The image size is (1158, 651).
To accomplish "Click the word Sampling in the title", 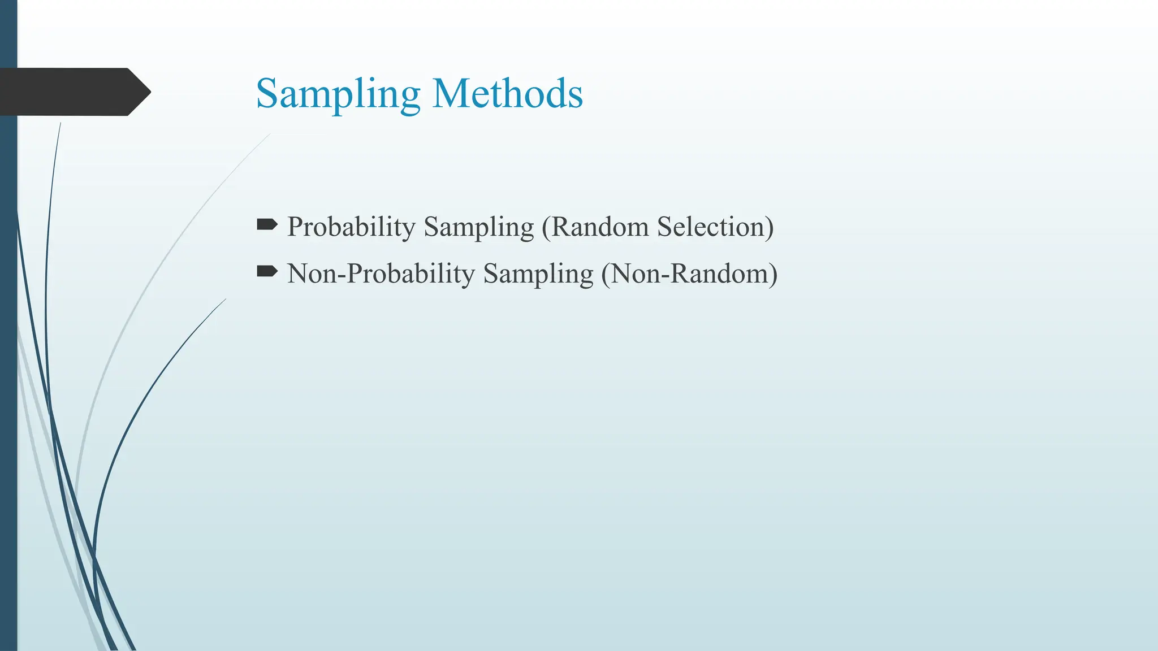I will [x=338, y=94].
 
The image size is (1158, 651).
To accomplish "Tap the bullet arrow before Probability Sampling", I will [x=267, y=225].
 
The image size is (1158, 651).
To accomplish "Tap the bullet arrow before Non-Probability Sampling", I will [x=267, y=272].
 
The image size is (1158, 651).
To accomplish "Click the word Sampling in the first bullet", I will [x=478, y=228].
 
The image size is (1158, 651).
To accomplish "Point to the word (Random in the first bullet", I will [x=595, y=227].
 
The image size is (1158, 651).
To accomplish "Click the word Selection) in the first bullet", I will [x=715, y=227].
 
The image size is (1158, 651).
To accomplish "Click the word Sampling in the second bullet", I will [x=538, y=275].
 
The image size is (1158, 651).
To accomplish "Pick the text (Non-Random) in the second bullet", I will [x=689, y=274].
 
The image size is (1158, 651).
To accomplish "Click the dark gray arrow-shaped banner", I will [x=68, y=92].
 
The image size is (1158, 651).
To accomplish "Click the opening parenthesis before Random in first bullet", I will [x=546, y=227].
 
